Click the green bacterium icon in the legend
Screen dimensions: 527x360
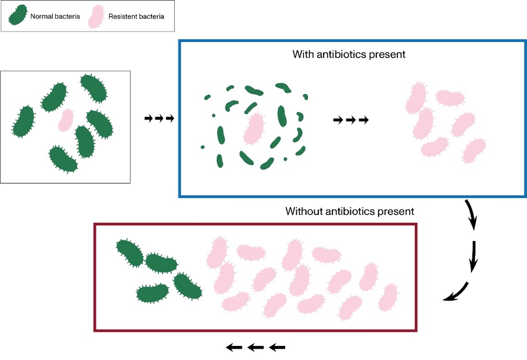coord(18,15)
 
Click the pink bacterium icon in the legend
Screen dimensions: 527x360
coord(96,16)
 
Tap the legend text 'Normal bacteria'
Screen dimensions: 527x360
coord(55,16)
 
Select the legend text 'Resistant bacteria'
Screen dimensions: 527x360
coord(136,16)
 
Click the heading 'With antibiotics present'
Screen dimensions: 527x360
coord(349,54)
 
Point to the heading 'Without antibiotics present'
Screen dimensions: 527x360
coord(349,211)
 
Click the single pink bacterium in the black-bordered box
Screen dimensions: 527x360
coord(66,120)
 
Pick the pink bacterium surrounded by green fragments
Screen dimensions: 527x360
coord(254,129)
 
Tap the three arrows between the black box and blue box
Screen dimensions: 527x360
coord(159,118)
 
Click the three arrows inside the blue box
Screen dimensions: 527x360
coord(351,120)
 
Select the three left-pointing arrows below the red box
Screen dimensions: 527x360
coord(255,347)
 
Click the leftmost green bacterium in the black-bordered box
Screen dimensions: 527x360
coord(23,122)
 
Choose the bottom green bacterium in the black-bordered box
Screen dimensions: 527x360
coord(63,159)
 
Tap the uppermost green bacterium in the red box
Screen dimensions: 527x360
coord(130,253)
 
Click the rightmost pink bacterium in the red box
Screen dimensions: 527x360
coord(388,297)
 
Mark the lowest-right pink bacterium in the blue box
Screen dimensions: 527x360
coord(474,150)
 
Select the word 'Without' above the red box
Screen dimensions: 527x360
coord(304,211)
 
